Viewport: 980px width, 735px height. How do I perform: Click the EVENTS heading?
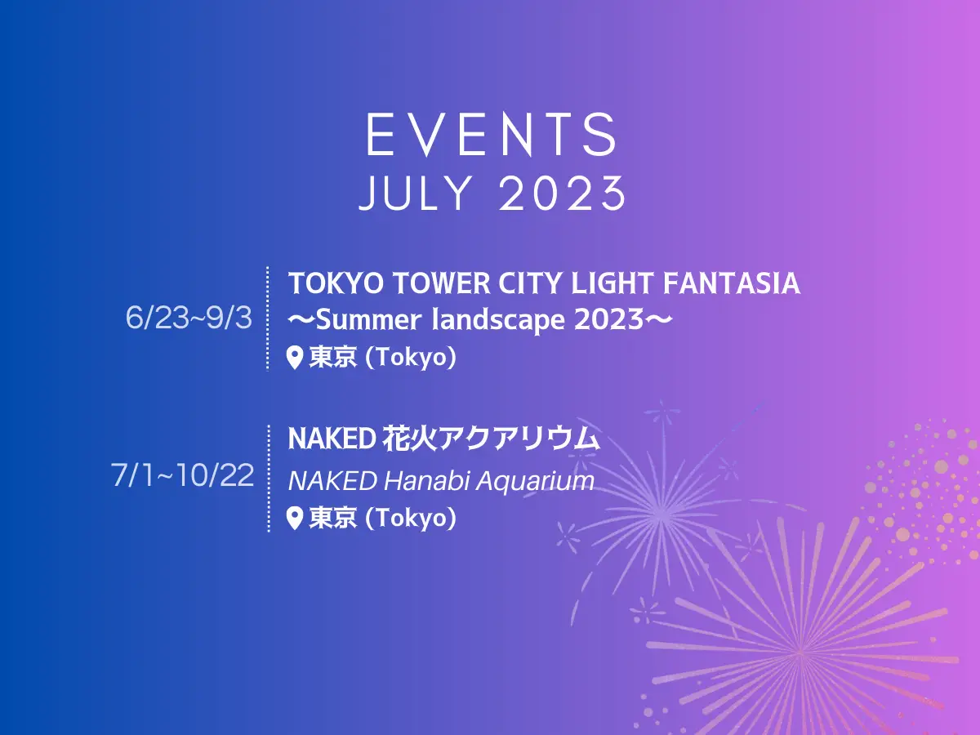pos(492,134)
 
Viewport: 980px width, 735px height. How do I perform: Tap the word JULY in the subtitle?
pos(416,194)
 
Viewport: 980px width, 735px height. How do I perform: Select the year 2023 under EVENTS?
pos(563,194)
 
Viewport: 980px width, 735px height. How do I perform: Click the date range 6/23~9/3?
pos(189,318)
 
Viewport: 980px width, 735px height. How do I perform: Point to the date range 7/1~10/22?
pos(183,474)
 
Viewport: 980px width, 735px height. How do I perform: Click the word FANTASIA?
pos(732,283)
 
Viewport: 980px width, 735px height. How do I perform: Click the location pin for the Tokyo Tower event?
pos(295,358)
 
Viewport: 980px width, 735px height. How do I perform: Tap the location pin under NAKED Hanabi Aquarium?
pos(295,519)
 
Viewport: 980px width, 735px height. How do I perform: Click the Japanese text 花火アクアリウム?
pos(492,439)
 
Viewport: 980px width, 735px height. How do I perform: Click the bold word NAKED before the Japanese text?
pos(332,439)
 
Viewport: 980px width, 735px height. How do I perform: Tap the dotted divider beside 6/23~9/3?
pos(268,318)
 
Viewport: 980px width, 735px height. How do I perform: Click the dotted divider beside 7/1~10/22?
pos(269,479)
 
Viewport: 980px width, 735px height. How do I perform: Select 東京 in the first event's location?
pos(333,358)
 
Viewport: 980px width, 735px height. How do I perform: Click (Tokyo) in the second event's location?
pos(411,519)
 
